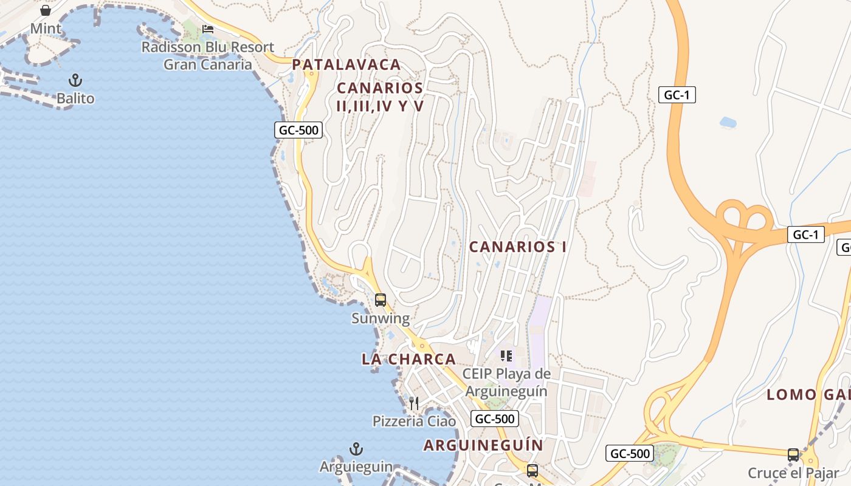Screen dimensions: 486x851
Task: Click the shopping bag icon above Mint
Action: pos(46,10)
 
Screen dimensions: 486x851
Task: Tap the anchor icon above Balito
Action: pos(75,80)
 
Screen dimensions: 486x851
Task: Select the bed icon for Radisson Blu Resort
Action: pos(208,29)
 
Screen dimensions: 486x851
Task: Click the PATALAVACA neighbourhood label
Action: pos(346,64)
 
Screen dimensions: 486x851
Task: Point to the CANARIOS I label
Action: pos(518,247)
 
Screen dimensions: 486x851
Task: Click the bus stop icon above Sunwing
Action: pos(381,299)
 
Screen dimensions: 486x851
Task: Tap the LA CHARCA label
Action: pos(408,359)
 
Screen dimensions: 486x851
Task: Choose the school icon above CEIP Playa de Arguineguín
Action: pos(506,355)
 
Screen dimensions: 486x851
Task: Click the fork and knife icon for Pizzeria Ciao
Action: pos(414,403)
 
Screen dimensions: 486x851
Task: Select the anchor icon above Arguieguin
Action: pos(356,449)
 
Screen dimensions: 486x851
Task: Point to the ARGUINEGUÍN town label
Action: pos(483,445)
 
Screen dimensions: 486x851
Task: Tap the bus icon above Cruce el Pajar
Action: pos(793,454)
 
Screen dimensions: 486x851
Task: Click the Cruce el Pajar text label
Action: pos(793,473)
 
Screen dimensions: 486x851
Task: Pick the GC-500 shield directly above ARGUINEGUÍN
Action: pos(495,418)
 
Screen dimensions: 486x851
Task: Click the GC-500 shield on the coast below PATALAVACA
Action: pos(298,130)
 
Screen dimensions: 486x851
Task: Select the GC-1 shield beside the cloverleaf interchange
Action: pos(806,234)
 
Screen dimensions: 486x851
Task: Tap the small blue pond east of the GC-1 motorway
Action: pos(728,123)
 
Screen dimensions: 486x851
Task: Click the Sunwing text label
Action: pos(381,318)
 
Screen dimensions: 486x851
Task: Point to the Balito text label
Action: pos(75,98)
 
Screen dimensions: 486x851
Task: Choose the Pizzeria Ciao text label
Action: pos(414,421)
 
